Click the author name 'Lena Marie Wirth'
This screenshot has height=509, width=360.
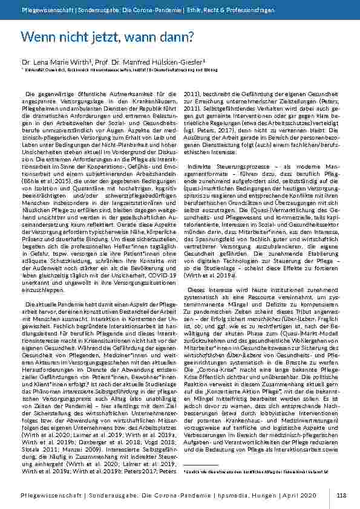pyautogui.click(x=57, y=62)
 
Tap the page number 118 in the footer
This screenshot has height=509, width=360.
pyautogui.click(x=342, y=495)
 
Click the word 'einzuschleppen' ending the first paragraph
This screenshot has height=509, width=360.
pyautogui.click(x=42, y=273)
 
